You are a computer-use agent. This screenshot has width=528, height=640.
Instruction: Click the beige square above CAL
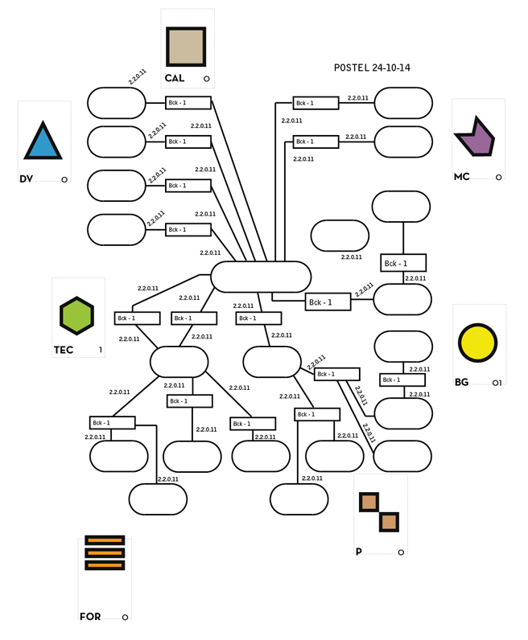pyautogui.click(x=186, y=47)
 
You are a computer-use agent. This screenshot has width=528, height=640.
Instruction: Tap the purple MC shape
pyautogui.click(x=476, y=137)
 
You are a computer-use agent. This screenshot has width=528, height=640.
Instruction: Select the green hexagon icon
pyautogui.click(x=76, y=316)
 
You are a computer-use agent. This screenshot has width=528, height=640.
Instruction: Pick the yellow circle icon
pyautogui.click(x=477, y=343)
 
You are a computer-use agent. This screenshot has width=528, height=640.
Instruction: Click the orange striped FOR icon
pyautogui.click(x=105, y=552)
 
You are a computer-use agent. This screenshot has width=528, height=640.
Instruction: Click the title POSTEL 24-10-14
pyautogui.click(x=372, y=68)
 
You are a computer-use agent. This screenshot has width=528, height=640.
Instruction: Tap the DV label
pyautogui.click(x=26, y=178)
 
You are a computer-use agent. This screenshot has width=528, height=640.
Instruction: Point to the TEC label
pyautogui.click(x=64, y=350)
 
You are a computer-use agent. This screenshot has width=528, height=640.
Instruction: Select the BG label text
pyautogui.click(x=461, y=382)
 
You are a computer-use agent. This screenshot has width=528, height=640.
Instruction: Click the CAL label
pyautogui.click(x=175, y=78)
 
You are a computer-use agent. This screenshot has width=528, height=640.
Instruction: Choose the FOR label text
pyautogui.click(x=90, y=617)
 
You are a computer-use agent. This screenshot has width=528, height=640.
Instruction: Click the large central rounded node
pyautogui.click(x=261, y=277)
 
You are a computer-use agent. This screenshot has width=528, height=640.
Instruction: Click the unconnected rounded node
pyautogui.click(x=340, y=236)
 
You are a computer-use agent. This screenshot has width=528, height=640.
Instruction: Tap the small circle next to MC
pyautogui.click(x=498, y=177)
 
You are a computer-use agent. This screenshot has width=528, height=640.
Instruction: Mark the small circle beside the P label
pyautogui.click(x=401, y=552)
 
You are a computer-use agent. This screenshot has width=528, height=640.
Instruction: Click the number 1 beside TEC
pyautogui.click(x=101, y=350)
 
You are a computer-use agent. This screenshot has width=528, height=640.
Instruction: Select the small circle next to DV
pyautogui.click(x=64, y=179)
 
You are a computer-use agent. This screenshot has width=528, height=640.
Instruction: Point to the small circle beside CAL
pyautogui.click(x=206, y=79)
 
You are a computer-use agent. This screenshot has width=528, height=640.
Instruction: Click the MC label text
pyautogui.click(x=462, y=177)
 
